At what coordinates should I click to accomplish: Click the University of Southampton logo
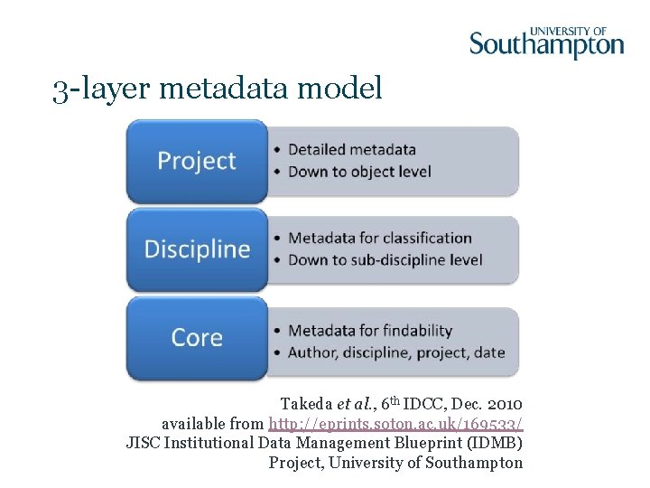pos(546,40)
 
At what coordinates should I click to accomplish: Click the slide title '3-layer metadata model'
pos(218,89)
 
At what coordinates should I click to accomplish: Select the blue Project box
pos(197,162)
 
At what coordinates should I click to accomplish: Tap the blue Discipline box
pos(197,249)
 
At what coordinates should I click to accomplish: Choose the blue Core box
pos(197,338)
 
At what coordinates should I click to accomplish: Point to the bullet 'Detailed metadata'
pos(351,149)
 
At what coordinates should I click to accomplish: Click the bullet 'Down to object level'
pos(359,172)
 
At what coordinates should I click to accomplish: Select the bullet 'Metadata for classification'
pos(379,239)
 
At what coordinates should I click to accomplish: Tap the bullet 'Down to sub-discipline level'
pos(385,260)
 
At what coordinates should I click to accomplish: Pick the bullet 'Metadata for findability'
pos(369,331)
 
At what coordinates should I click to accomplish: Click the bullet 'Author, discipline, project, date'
pos(395,352)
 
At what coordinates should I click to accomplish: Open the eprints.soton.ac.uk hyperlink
pos(395,423)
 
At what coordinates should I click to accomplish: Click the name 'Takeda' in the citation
pos(307,403)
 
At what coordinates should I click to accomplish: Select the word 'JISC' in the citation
pos(143,443)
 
